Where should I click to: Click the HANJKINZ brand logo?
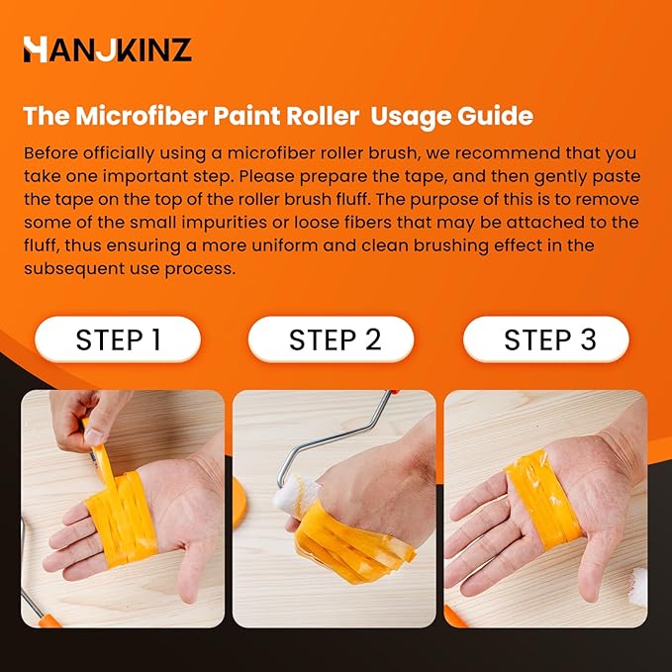click(x=108, y=48)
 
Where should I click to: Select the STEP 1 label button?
click(x=118, y=339)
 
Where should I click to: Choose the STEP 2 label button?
click(x=335, y=339)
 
